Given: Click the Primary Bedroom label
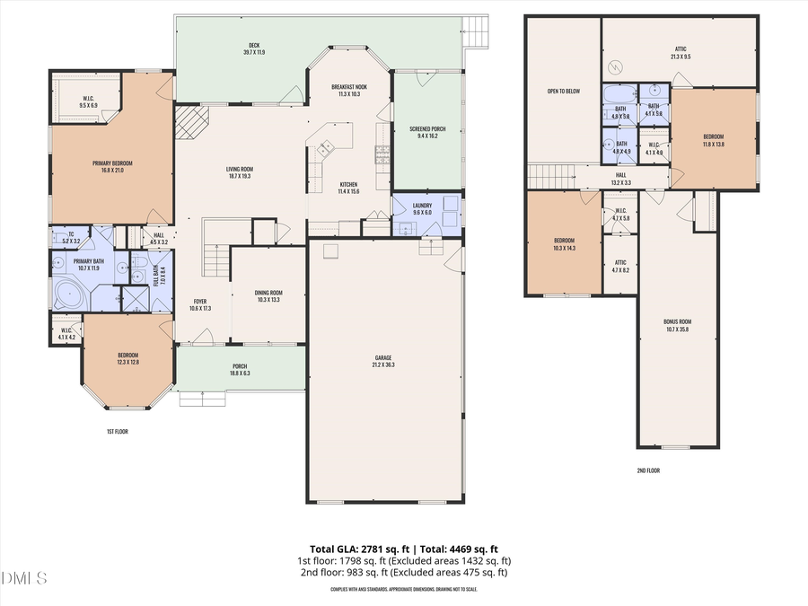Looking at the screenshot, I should [112, 163].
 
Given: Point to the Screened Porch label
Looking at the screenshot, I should [427, 129].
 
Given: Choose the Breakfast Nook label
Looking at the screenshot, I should [350, 86].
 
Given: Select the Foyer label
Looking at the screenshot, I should [200, 301].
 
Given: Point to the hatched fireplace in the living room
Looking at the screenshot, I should [190, 121].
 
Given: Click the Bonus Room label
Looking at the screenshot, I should [679, 321].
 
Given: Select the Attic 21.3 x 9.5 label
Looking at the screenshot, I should [681, 50].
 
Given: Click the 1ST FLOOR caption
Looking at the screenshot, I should [118, 432].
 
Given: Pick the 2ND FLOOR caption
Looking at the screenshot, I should [647, 470].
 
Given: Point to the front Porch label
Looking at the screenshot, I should [240, 365].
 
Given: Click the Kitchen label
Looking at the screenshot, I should [348, 184].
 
